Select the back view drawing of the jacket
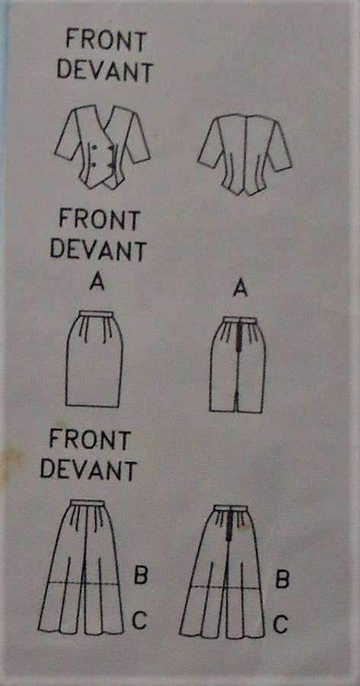(244, 149)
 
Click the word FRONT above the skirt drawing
(100, 220)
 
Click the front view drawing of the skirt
(93, 358)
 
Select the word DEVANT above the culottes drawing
(88, 470)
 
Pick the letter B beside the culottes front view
(140, 573)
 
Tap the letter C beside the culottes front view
(140, 620)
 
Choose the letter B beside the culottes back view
(281, 580)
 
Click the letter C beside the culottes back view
(281, 625)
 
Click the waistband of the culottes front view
(88, 504)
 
